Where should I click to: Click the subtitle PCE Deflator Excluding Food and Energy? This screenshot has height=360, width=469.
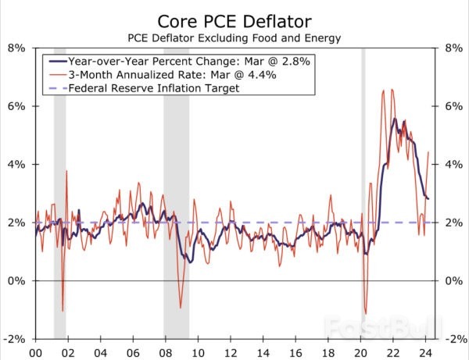(x=234, y=37)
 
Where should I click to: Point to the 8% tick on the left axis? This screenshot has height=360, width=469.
(x=16, y=47)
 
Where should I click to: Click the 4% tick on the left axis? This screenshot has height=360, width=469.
(x=16, y=164)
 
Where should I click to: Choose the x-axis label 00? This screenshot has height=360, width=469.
(x=35, y=351)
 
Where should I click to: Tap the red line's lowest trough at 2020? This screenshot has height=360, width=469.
(x=364, y=313)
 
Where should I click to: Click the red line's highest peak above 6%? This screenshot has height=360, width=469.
(x=383, y=90)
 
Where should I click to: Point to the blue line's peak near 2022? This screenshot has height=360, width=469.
(x=395, y=119)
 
